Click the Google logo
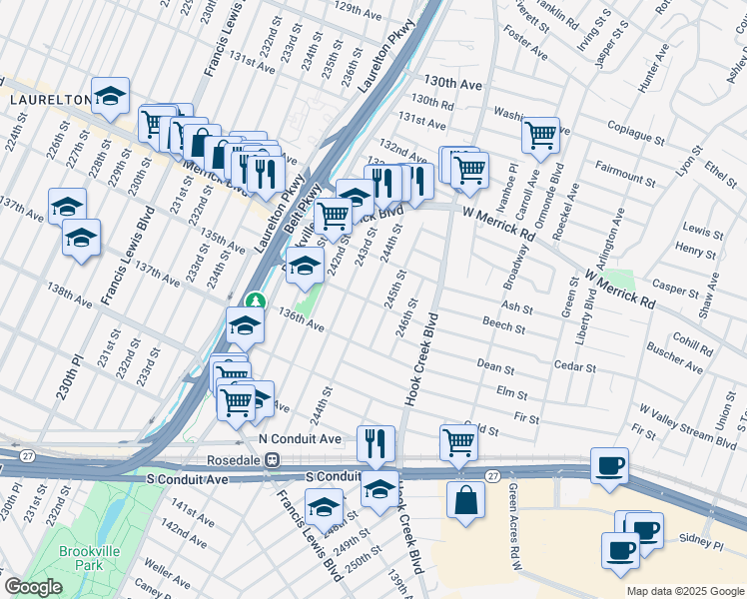point(33,588)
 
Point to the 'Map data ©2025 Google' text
point(684,591)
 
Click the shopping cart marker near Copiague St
point(540,134)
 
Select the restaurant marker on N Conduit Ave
point(375,442)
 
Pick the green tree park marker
point(256,300)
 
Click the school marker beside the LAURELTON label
point(111,95)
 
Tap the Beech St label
point(503,326)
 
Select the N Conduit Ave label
point(300,439)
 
